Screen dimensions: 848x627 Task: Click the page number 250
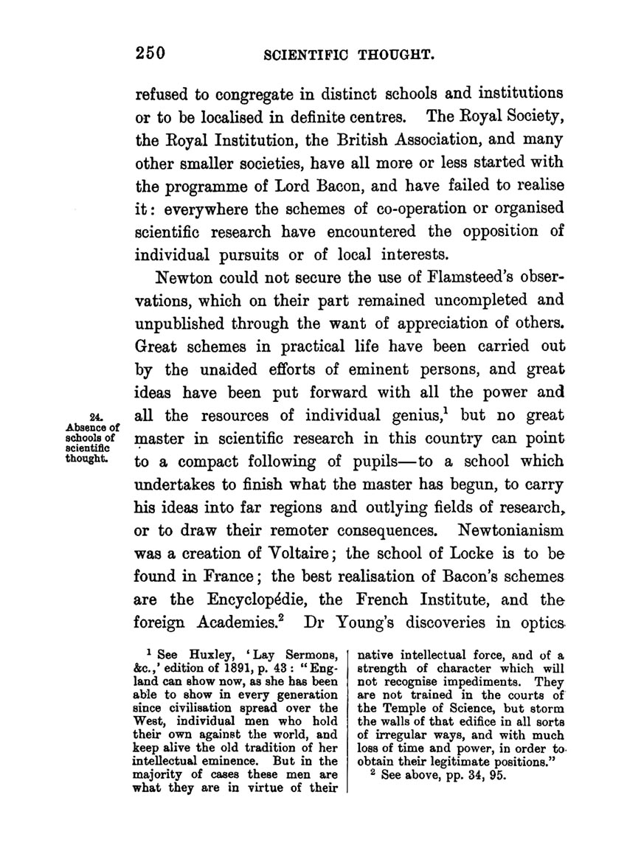(x=148, y=53)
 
